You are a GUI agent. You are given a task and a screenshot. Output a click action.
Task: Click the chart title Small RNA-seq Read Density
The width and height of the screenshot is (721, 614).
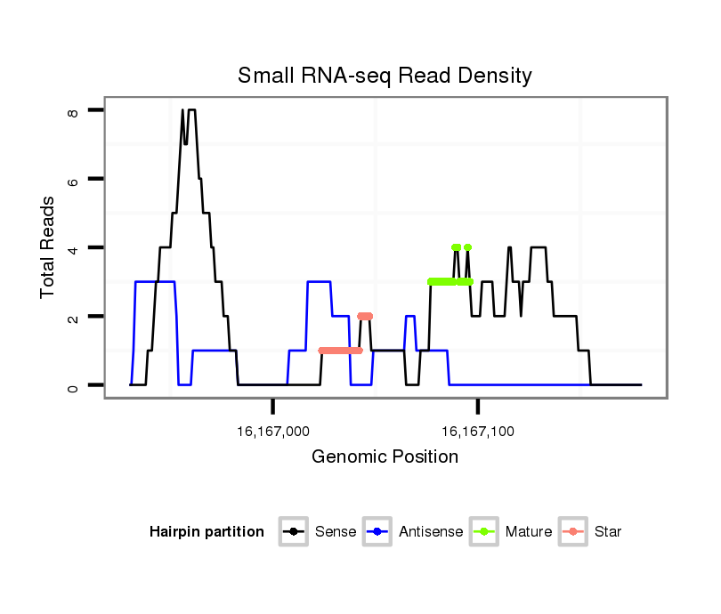tap(385, 76)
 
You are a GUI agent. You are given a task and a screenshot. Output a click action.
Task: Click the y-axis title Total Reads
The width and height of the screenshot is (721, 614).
tap(50, 246)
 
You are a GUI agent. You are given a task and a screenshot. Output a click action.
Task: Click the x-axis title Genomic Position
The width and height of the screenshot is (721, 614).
tap(385, 457)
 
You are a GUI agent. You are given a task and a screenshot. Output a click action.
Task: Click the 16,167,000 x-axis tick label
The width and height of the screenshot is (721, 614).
tap(273, 432)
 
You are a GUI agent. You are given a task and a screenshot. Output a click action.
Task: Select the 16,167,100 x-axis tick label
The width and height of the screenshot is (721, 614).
tap(478, 432)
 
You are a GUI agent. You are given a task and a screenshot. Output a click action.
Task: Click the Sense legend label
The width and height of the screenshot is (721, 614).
tap(336, 532)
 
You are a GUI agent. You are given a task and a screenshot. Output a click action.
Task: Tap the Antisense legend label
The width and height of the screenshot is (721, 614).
tap(431, 532)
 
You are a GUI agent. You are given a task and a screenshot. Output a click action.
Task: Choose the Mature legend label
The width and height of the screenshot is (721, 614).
tap(528, 532)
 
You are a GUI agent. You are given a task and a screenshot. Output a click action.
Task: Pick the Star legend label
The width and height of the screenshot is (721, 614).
tap(607, 532)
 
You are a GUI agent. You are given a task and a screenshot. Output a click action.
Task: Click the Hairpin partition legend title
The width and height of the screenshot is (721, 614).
tap(207, 532)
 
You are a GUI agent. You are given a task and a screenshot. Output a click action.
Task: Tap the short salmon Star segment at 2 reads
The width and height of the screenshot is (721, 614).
tap(365, 316)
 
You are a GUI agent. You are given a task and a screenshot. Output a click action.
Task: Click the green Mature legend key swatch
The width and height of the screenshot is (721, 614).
tap(482, 532)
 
